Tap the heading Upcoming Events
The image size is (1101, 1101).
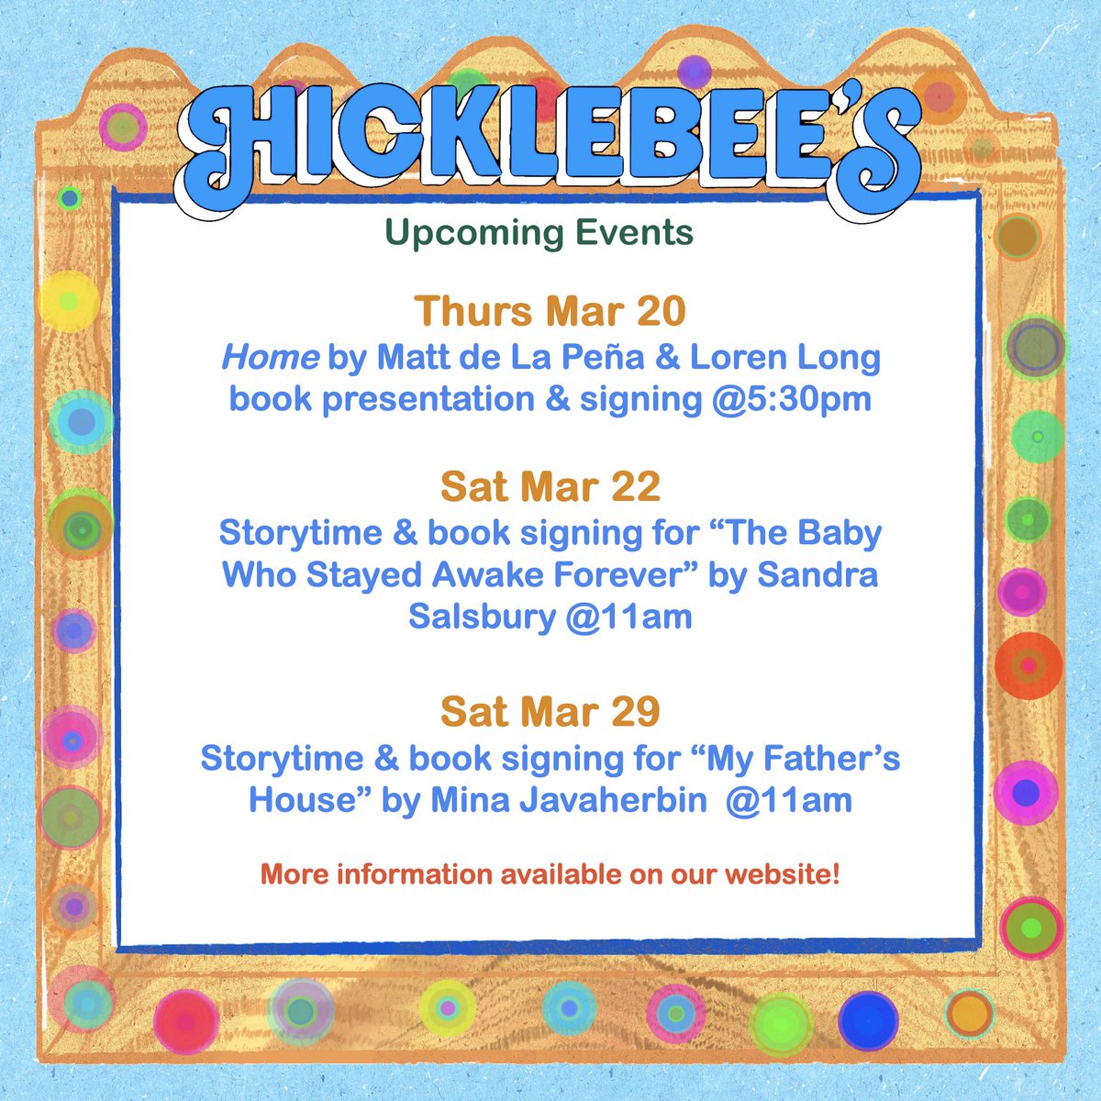point(539,233)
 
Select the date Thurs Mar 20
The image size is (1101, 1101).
point(550,312)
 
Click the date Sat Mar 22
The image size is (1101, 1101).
point(550,486)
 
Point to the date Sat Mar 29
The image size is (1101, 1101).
point(550,711)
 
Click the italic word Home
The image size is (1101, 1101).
point(269,357)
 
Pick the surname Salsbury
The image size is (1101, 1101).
point(481,617)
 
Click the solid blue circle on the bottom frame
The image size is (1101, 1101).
point(867,1021)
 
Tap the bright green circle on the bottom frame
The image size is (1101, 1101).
point(781,1025)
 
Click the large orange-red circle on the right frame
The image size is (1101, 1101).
point(1029,665)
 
